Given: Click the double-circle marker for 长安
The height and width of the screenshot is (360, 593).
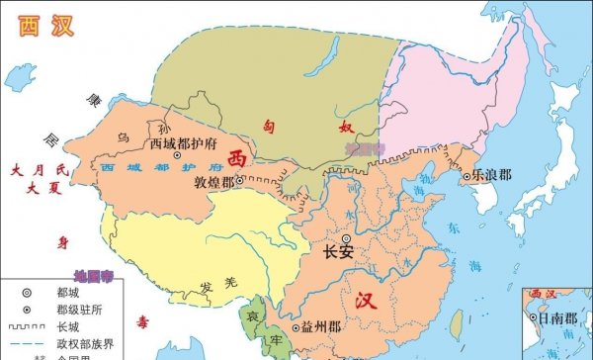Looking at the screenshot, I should [x=346, y=238].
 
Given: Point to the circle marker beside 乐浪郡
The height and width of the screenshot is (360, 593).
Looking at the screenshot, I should [x=466, y=177].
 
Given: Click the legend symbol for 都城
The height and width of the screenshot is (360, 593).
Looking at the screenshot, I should [x=19, y=293].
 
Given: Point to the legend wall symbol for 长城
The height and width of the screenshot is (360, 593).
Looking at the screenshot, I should [x=19, y=325].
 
